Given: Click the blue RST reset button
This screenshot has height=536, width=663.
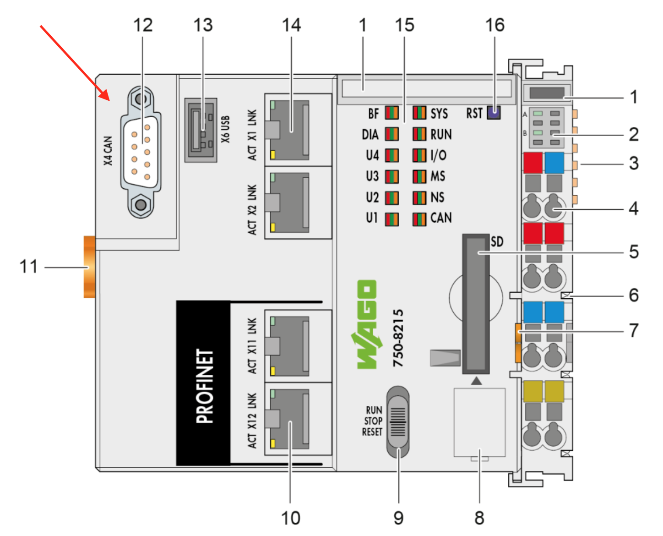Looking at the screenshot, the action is click(494, 112).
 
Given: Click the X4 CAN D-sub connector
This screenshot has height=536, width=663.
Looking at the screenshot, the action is click(141, 152).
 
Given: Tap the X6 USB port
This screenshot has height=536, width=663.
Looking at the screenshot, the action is click(201, 130).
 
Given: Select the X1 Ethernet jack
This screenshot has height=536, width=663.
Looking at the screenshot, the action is click(289, 130).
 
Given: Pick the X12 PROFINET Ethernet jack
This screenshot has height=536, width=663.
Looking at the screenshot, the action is click(289, 419).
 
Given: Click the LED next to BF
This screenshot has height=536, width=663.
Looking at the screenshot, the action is click(391, 113).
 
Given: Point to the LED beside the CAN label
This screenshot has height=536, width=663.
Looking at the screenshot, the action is click(419, 219).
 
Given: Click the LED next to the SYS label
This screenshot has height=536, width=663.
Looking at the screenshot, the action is click(419, 113).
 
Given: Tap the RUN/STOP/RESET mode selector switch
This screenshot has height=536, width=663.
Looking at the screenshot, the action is click(398, 421).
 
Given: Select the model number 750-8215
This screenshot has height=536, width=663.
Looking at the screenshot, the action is click(398, 338).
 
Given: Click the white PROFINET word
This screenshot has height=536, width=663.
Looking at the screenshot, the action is click(205, 386).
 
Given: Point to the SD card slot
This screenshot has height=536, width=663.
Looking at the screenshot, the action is click(476, 304).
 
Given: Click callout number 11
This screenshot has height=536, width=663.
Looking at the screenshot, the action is click(28, 267).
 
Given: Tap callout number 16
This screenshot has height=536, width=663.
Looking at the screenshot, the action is click(495, 25).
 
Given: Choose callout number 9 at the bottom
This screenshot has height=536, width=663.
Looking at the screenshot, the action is click(398, 518).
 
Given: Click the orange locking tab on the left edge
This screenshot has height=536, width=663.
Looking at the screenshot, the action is click(89, 267).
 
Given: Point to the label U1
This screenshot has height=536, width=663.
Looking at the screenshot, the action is click(372, 218).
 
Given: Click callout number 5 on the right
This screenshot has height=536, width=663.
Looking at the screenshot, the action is click(634, 252).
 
